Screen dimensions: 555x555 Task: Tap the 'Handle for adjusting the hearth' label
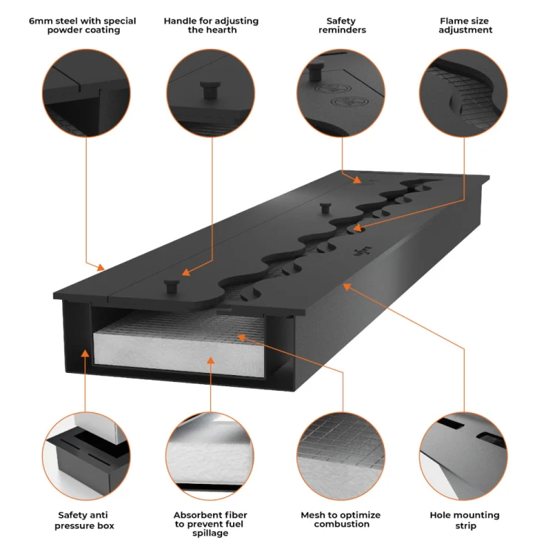click(x=211, y=25)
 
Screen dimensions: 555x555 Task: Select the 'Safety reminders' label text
click(x=342, y=25)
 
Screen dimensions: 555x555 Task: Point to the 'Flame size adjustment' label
click(x=465, y=25)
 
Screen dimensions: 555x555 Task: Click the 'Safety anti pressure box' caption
click(x=86, y=519)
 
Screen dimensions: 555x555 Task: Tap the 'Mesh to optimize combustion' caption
click(x=340, y=519)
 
